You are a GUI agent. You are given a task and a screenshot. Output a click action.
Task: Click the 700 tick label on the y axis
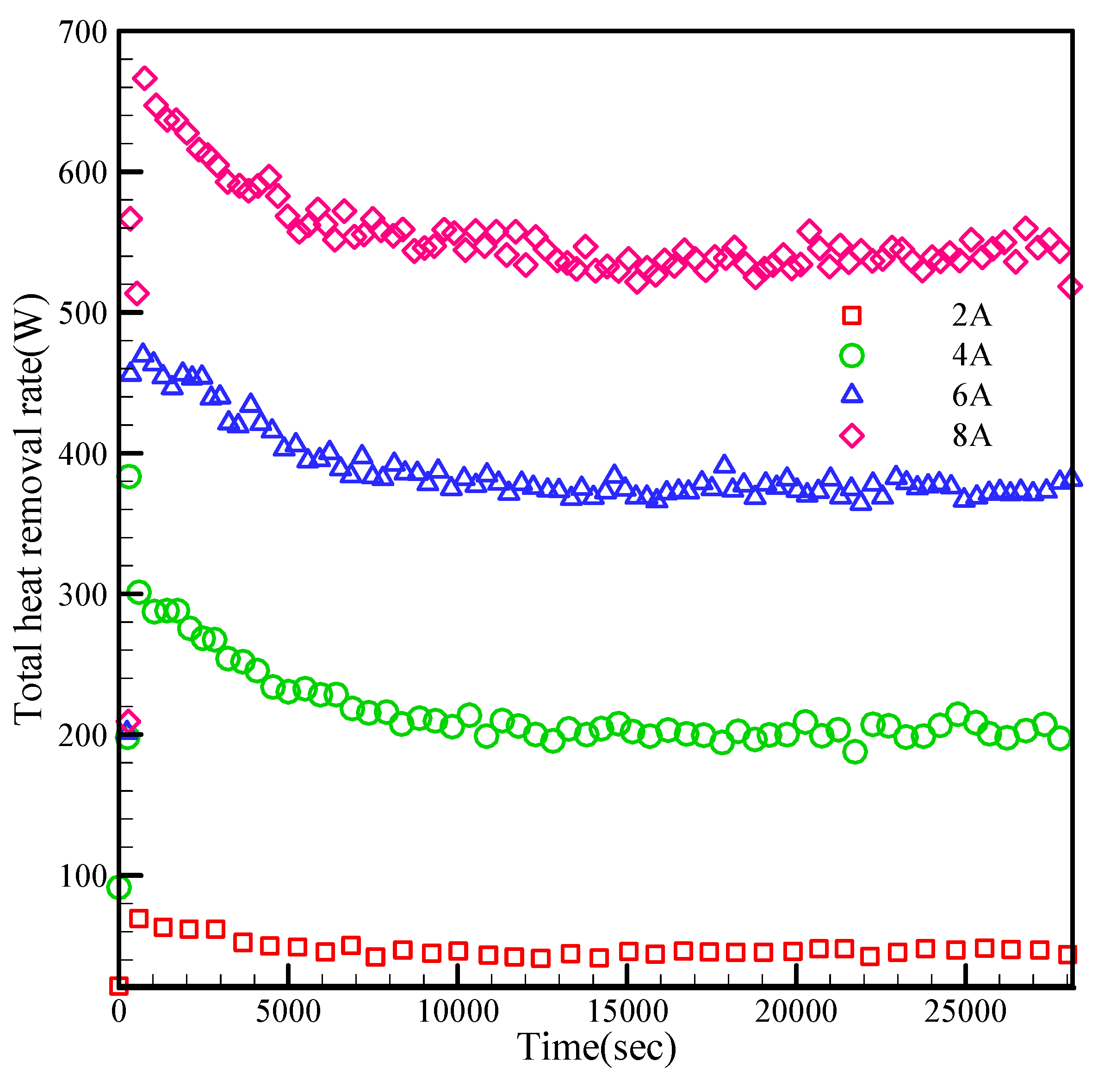[x=83, y=32]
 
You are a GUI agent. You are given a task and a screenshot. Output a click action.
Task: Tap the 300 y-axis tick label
[x=83, y=594]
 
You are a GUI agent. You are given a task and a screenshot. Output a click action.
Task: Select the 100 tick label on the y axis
[x=83, y=876]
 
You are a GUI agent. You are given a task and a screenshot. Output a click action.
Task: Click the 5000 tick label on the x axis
[x=288, y=1012]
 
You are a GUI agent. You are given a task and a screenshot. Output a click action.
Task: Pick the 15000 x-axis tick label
[x=627, y=1012]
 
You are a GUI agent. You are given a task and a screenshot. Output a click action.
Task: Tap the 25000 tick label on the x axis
[x=965, y=1012]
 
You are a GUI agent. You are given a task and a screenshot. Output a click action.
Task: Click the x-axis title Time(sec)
[x=597, y=1047]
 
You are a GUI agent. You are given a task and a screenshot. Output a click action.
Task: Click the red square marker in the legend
[x=852, y=315]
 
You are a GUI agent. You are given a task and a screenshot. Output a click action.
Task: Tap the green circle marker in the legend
[x=852, y=356]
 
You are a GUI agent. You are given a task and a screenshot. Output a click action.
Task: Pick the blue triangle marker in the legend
[x=852, y=394]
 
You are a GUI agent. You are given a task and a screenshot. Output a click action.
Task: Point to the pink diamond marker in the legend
[x=852, y=436]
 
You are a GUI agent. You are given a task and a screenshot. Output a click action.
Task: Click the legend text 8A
[x=972, y=436]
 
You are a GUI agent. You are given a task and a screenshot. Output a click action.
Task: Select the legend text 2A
[x=972, y=315]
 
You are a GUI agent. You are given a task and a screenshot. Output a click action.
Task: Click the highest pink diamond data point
[x=144, y=78]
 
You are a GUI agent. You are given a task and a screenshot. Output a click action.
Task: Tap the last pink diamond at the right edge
[x=1070, y=286]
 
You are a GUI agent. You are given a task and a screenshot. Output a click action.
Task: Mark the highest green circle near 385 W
[x=130, y=476]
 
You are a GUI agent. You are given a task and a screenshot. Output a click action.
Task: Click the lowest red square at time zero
[x=118, y=985]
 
